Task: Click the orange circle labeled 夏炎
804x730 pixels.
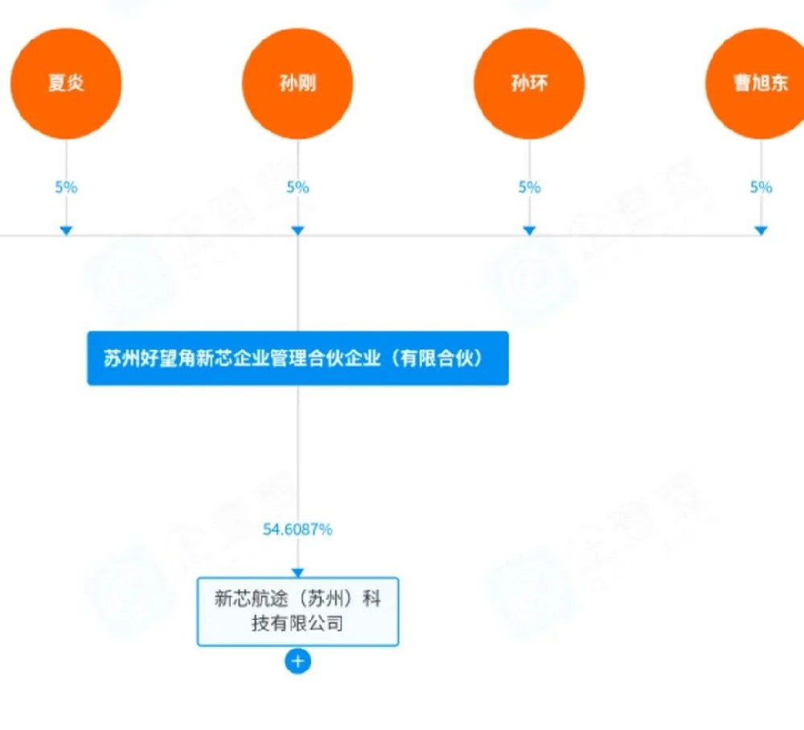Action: pos(66,84)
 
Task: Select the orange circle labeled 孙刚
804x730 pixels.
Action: pos(297,84)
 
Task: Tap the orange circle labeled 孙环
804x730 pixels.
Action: pos(529,84)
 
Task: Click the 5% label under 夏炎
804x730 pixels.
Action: pos(66,187)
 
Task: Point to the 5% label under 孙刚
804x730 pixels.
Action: pos(297,187)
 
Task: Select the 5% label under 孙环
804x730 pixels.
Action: pos(529,187)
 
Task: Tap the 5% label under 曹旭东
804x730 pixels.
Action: pos(761,187)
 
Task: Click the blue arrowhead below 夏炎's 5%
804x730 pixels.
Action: pos(66,231)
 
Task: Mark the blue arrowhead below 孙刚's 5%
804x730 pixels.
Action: pos(297,231)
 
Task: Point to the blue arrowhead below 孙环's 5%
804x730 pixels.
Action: pos(529,231)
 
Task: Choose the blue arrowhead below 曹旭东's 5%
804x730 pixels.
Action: pos(761,231)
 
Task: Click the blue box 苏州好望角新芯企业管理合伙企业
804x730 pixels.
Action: pos(297,359)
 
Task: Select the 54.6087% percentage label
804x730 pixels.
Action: pos(297,529)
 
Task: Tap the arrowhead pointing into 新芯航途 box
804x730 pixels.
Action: pos(297,572)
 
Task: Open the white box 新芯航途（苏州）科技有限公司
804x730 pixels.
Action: pos(297,611)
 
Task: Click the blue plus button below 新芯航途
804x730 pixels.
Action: pos(297,662)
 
